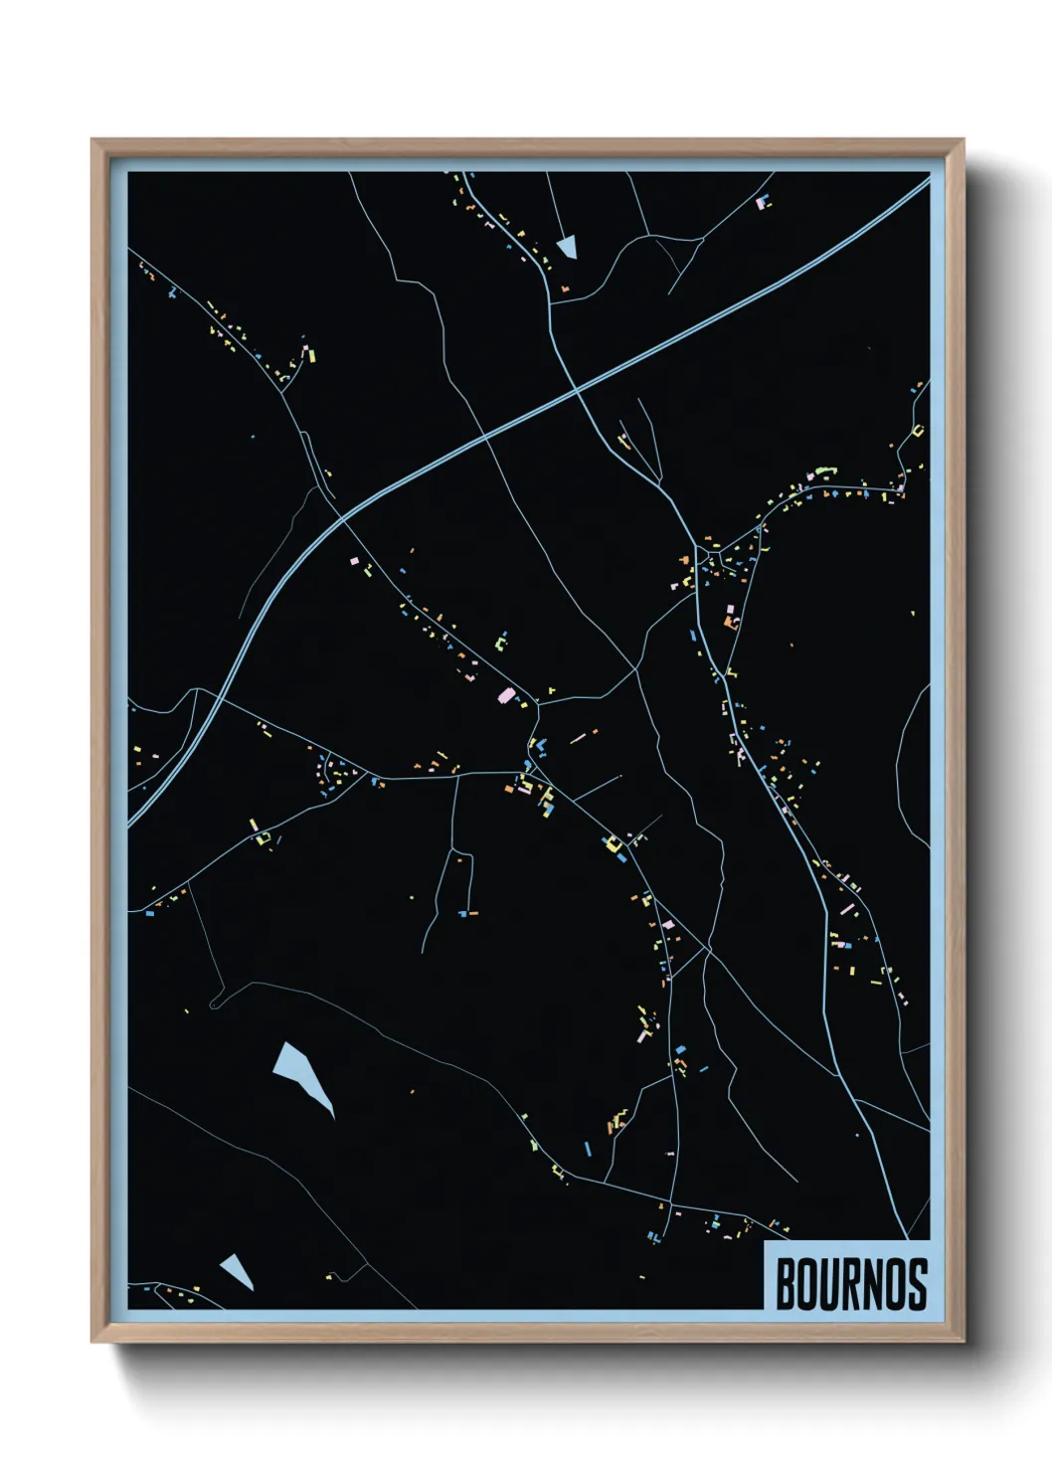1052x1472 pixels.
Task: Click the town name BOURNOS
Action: coord(851,1284)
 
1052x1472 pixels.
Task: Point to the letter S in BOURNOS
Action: coord(917,1284)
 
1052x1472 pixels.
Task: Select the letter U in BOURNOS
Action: coord(830,1284)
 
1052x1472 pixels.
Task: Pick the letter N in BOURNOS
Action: coord(873,1284)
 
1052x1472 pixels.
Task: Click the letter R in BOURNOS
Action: coord(852,1284)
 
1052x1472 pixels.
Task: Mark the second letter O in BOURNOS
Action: coord(895,1284)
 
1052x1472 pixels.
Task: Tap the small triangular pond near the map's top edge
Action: coord(568,246)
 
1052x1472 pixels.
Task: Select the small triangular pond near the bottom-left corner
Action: coord(239,1270)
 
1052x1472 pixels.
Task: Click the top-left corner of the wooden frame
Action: coord(93,141)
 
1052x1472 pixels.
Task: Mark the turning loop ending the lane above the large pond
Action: coord(215,1006)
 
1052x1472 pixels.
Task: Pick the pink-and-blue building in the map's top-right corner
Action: coord(763,203)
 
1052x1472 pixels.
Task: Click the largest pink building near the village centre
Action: coord(506,695)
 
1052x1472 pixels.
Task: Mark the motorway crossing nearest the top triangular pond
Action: coord(578,391)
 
